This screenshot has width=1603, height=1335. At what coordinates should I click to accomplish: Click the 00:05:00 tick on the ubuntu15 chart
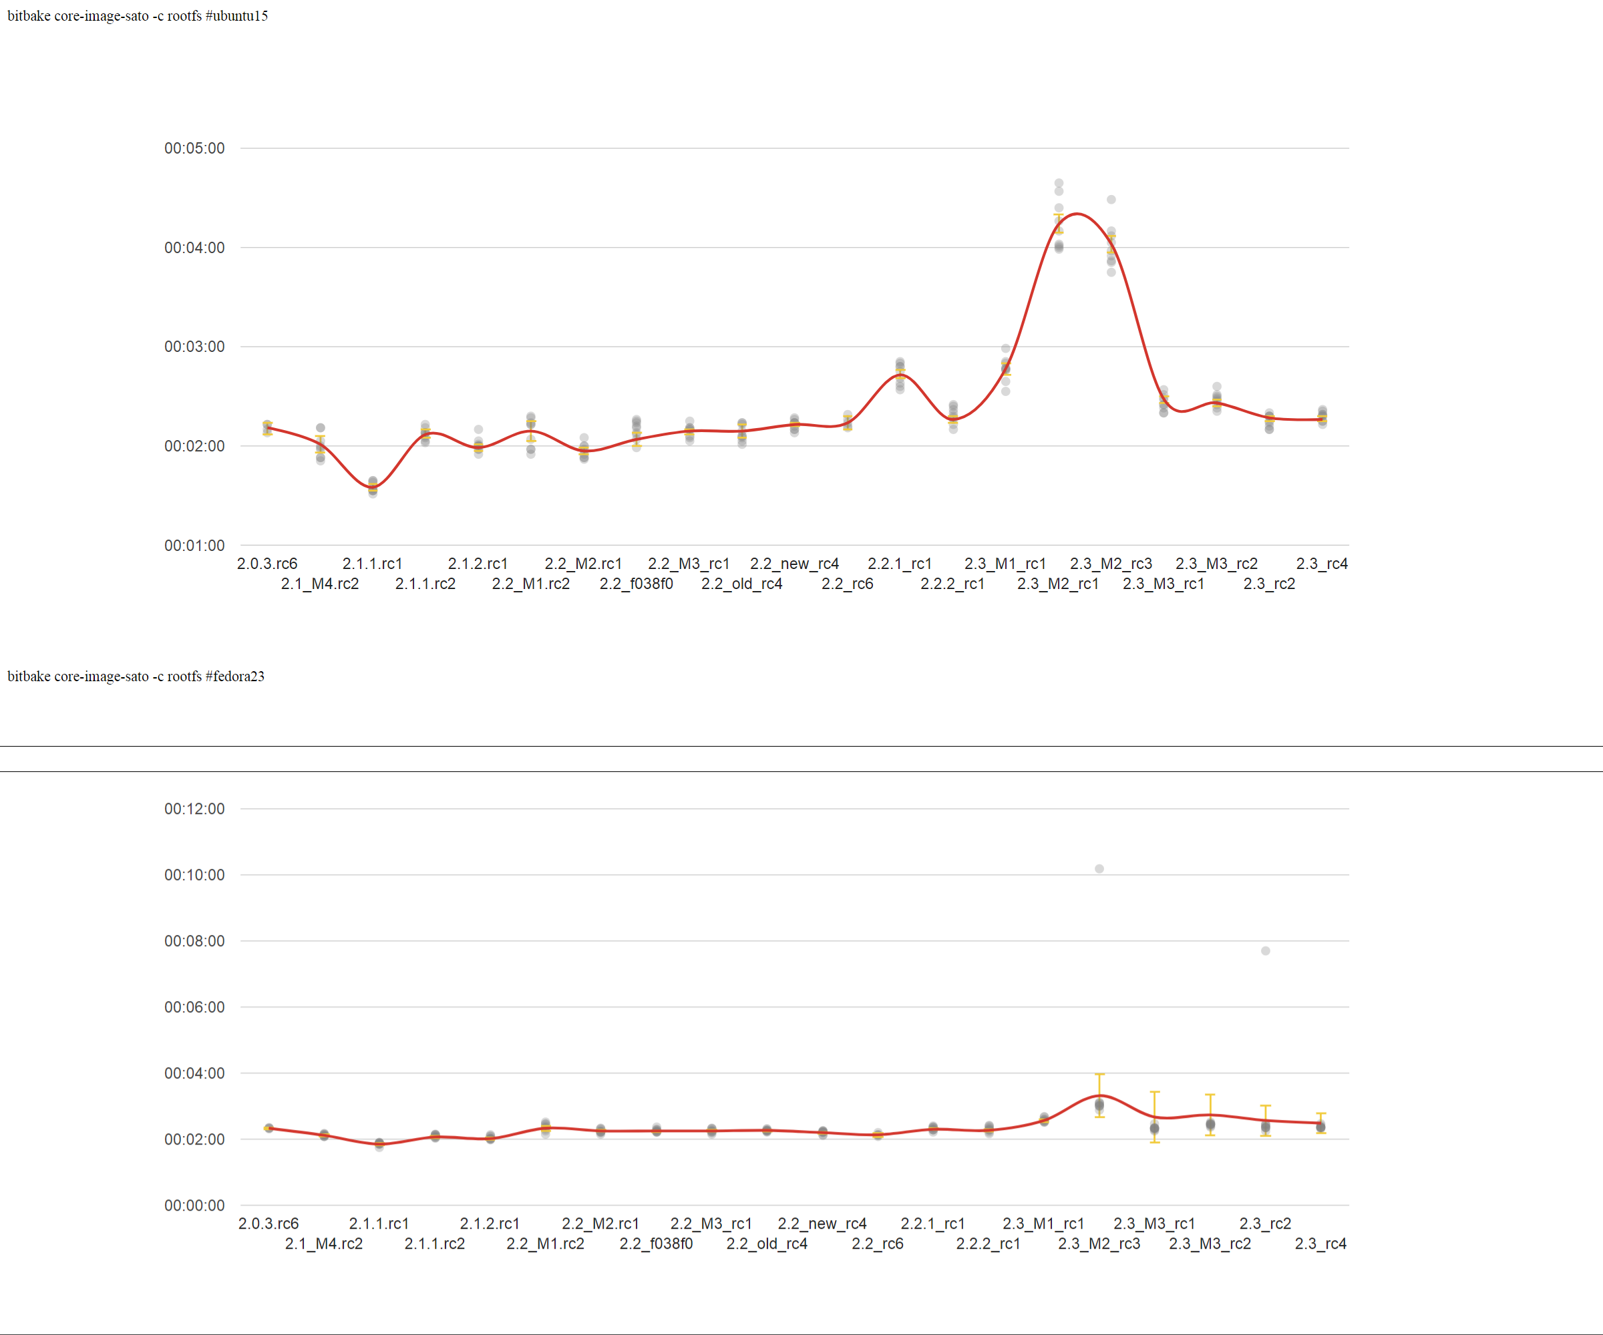click(x=194, y=148)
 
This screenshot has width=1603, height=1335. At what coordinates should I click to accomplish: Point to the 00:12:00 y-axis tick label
click(x=194, y=808)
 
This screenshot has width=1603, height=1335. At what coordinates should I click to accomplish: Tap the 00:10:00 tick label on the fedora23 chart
click(x=194, y=875)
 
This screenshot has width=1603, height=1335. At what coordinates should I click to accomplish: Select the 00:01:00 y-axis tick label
click(x=194, y=546)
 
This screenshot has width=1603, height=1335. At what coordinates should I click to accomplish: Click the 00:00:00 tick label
click(x=194, y=1205)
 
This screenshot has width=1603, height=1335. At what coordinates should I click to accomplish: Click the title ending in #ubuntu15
click(x=138, y=16)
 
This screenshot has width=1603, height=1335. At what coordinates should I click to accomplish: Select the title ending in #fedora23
click(x=136, y=677)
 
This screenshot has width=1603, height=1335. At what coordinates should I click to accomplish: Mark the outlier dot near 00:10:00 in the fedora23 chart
click(x=1099, y=869)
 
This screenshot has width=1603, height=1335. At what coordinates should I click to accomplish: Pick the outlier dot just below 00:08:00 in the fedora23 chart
click(x=1266, y=951)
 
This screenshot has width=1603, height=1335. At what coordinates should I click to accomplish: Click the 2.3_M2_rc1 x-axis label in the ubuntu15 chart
click(x=1058, y=584)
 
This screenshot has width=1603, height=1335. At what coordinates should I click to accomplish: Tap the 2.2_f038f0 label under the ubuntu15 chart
click(x=636, y=584)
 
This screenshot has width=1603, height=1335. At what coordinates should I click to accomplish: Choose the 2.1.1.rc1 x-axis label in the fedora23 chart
click(x=379, y=1223)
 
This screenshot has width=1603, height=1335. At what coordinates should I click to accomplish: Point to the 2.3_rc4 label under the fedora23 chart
click(x=1320, y=1244)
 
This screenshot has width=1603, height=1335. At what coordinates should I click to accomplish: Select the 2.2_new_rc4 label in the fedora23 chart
click(x=822, y=1223)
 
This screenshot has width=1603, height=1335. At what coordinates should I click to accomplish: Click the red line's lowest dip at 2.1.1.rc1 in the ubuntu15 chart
click(x=373, y=487)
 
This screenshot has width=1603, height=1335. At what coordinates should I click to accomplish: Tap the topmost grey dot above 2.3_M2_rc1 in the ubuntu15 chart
click(x=1059, y=183)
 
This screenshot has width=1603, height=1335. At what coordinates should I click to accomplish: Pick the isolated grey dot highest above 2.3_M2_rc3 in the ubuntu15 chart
click(x=1111, y=199)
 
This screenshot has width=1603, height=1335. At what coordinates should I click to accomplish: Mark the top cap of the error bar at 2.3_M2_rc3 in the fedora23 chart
click(x=1099, y=1074)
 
